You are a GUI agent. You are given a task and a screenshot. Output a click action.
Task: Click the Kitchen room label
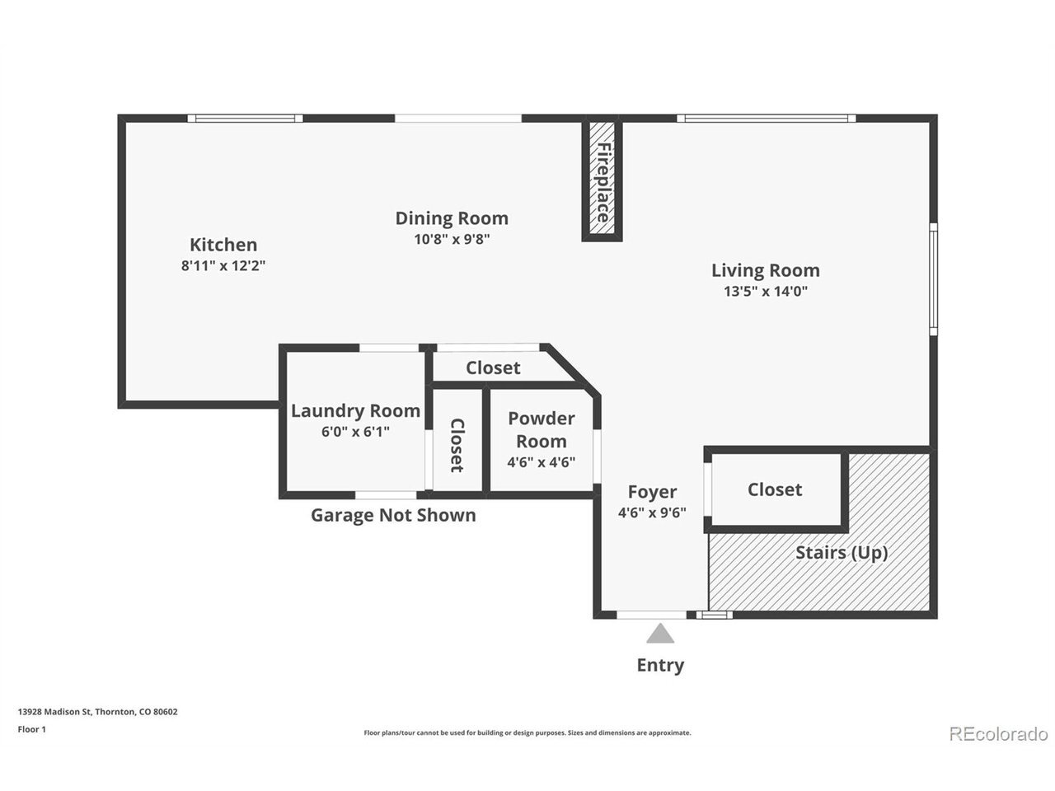click(223, 245)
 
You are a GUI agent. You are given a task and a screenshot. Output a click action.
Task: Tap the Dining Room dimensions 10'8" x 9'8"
click(452, 239)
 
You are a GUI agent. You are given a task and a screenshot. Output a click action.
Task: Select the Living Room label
click(765, 270)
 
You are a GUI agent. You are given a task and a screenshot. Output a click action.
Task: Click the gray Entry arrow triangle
click(660, 634)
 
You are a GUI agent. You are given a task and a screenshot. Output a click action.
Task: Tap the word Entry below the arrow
click(660, 665)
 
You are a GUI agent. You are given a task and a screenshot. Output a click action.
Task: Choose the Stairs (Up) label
click(842, 552)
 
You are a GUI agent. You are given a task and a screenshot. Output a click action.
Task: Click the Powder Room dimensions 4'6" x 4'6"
click(542, 462)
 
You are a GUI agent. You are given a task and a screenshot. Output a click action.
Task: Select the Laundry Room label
click(355, 411)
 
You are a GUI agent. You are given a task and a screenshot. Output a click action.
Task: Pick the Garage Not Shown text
click(393, 515)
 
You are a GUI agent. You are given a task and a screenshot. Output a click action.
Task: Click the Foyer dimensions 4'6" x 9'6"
click(652, 513)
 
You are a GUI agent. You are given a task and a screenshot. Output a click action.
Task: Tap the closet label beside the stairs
click(774, 490)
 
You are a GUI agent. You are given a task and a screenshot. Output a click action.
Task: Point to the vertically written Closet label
click(457, 445)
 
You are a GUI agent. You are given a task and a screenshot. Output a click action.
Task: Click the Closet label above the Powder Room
click(493, 367)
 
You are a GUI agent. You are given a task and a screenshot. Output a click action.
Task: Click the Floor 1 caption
click(31, 729)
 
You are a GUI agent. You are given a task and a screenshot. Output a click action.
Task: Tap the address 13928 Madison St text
click(54, 712)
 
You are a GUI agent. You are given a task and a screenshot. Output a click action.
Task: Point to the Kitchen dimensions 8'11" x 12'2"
click(223, 265)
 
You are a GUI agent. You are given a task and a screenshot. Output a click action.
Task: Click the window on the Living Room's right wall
click(933, 279)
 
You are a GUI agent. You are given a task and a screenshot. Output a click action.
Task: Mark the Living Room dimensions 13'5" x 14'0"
click(765, 291)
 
